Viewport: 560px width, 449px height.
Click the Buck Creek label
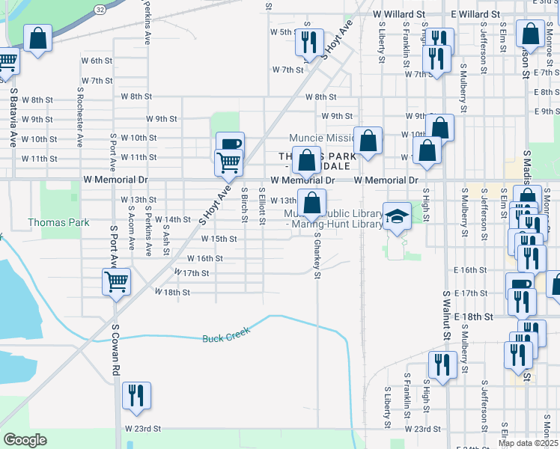pos(226,338)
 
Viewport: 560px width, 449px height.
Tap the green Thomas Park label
pos(58,222)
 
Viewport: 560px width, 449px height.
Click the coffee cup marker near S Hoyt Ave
pos(230,144)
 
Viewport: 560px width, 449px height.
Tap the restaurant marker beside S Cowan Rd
pos(136,395)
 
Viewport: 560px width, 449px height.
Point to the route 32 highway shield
pos(100,8)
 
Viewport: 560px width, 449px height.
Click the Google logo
pos(25,440)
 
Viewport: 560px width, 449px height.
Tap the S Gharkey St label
pos(317,255)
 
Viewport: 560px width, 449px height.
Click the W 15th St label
pos(219,239)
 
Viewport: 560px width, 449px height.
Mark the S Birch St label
pos(244,204)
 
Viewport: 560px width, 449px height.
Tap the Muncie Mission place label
pos(320,138)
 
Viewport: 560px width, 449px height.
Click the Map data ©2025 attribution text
pos(529,443)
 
